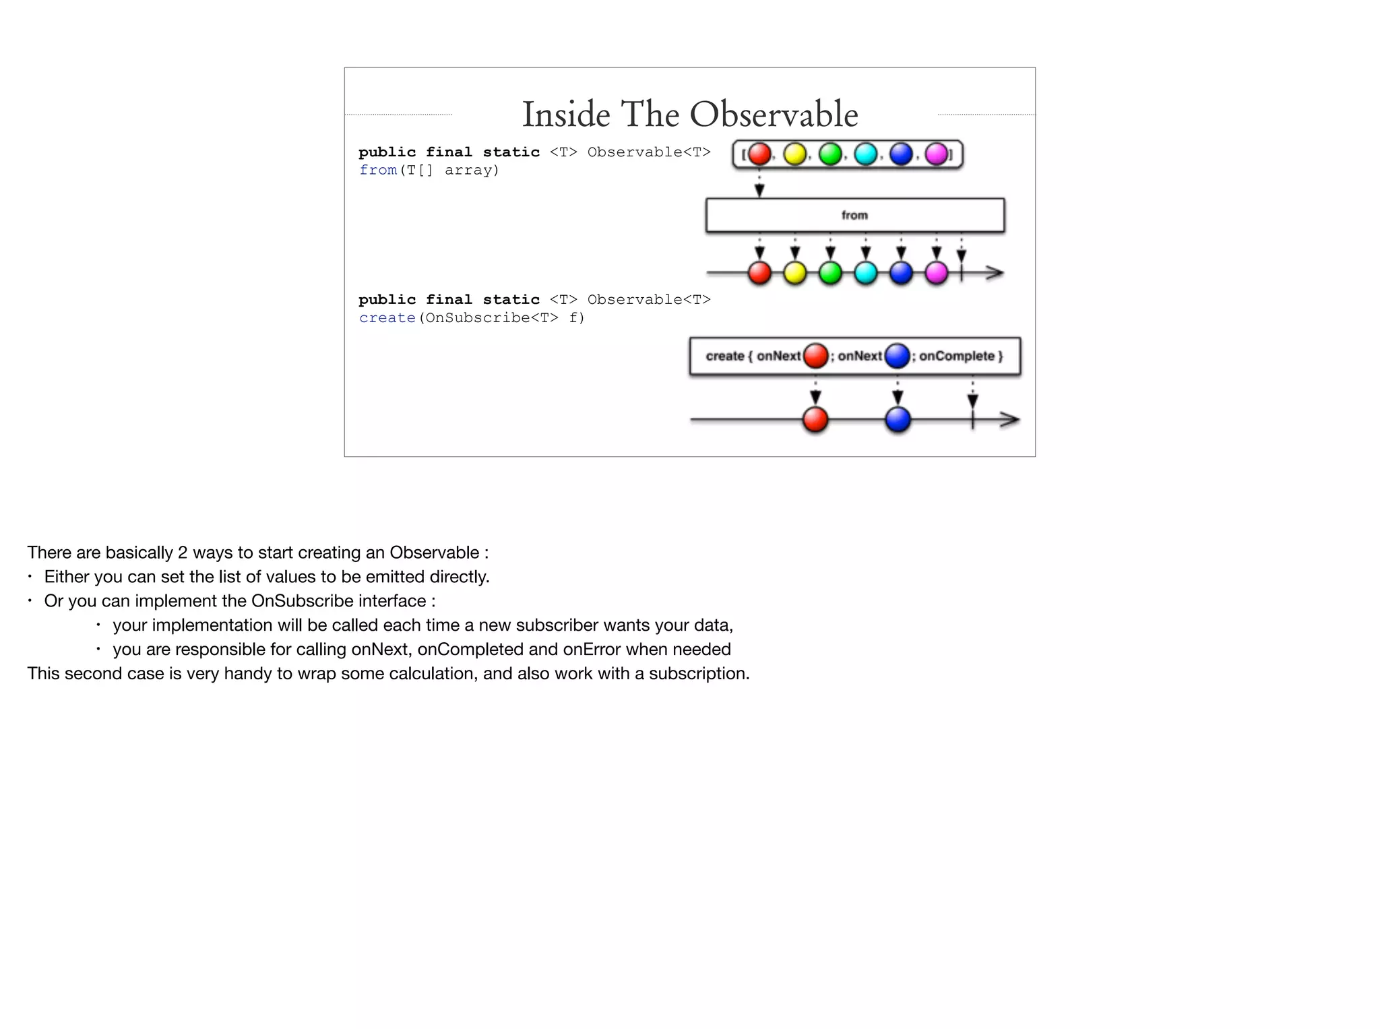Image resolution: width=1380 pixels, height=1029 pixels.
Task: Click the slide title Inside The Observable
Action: pos(690,114)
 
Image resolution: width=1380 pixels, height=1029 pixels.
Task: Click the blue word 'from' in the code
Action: pos(378,170)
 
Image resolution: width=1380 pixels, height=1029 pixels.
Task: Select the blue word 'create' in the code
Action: pos(387,318)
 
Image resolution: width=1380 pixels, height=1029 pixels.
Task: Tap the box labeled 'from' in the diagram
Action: pos(854,216)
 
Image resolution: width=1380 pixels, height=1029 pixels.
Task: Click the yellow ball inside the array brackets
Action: pos(795,154)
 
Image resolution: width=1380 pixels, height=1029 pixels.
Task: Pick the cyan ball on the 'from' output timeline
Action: pos(866,273)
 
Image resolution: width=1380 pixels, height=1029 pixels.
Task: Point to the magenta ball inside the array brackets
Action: pos(937,154)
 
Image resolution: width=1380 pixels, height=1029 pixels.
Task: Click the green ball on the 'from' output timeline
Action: pos(830,273)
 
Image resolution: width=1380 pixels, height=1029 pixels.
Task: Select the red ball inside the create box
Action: pos(816,356)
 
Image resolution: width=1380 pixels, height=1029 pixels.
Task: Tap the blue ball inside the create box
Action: pos(898,356)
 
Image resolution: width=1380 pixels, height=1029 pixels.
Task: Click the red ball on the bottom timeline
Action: pos(815,419)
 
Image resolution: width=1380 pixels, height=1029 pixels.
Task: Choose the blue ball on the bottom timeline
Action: pos(898,419)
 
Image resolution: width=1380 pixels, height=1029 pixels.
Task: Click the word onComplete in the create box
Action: pos(957,356)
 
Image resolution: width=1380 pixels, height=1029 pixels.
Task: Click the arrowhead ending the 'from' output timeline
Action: pos(995,273)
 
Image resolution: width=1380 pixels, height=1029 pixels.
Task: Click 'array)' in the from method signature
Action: pos(472,170)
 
